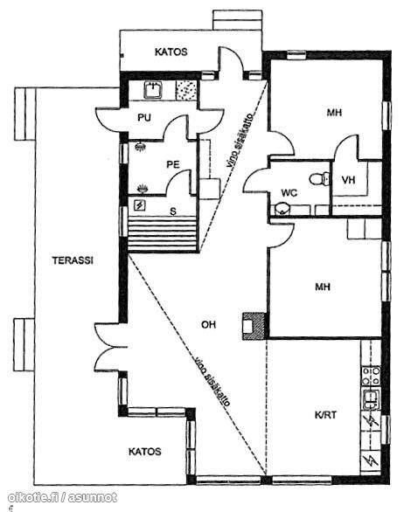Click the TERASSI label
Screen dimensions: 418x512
(73, 260)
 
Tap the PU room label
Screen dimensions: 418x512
(144, 118)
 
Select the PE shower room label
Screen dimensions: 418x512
(173, 164)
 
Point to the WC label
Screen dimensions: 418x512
(289, 193)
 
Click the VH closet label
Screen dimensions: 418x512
(348, 180)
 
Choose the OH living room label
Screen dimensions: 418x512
(208, 324)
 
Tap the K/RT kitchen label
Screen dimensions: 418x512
(325, 415)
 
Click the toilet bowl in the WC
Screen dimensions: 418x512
(319, 179)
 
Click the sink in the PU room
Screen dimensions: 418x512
(153, 90)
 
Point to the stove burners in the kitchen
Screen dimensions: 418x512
(372, 376)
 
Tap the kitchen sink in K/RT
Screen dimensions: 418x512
(371, 399)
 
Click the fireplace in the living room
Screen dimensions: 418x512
(254, 326)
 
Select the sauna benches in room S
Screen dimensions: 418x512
(163, 234)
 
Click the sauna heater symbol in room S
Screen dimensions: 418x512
(140, 205)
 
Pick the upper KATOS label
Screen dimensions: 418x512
(171, 52)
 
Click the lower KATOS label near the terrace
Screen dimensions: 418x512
(145, 452)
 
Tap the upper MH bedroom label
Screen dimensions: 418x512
(334, 113)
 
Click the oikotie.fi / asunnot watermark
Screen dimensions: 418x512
(62, 497)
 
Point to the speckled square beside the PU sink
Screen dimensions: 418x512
(186, 90)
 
